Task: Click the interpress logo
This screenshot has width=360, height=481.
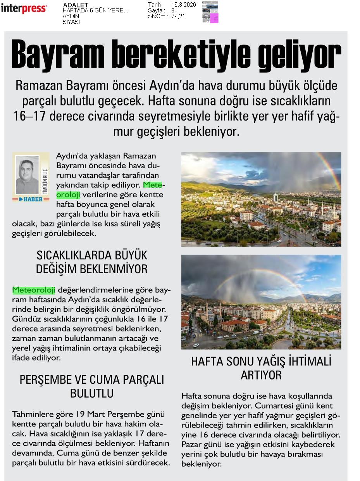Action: pos(24,9)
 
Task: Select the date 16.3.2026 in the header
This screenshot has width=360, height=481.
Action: pos(183,5)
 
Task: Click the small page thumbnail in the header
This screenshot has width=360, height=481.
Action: pos(210,12)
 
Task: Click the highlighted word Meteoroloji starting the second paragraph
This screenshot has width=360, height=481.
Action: pos(34,290)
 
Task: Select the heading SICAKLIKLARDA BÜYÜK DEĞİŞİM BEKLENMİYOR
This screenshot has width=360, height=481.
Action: pos(91,262)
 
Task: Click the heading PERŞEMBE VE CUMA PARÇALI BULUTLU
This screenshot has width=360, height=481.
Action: pos(91,386)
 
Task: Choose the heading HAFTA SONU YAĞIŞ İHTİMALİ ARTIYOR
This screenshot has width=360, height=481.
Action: pos(261,368)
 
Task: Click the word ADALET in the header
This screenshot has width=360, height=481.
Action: pos(76,5)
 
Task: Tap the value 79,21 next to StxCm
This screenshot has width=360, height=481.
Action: pos(178,16)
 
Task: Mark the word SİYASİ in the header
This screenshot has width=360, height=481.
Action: pos(71,22)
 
